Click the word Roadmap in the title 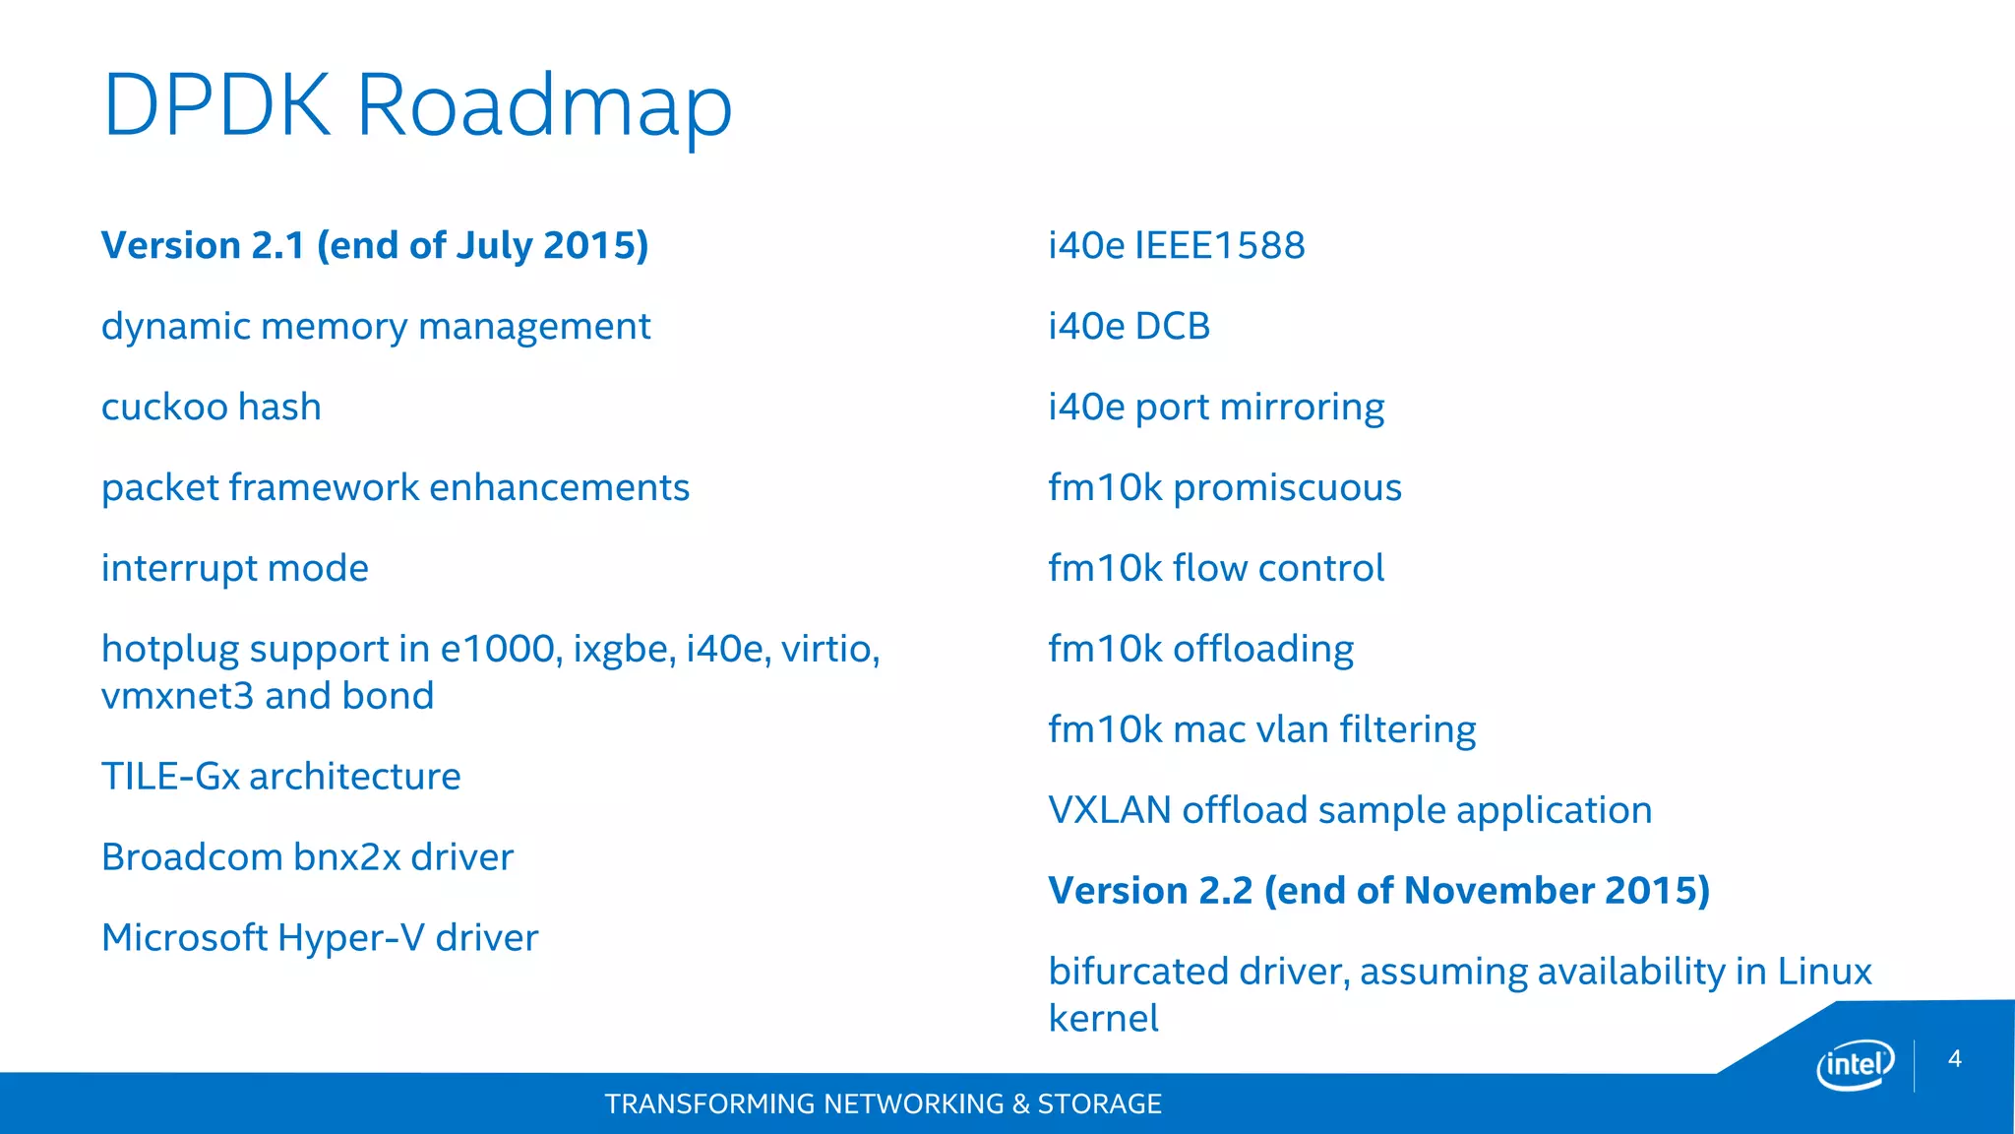[x=543, y=106]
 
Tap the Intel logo [x=1855, y=1065]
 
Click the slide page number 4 [x=1954, y=1059]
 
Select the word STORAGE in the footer [x=1099, y=1104]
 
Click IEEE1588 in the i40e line [x=1220, y=246]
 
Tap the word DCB [x=1172, y=327]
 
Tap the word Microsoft [x=185, y=938]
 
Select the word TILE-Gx [x=170, y=777]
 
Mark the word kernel [x=1103, y=1019]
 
